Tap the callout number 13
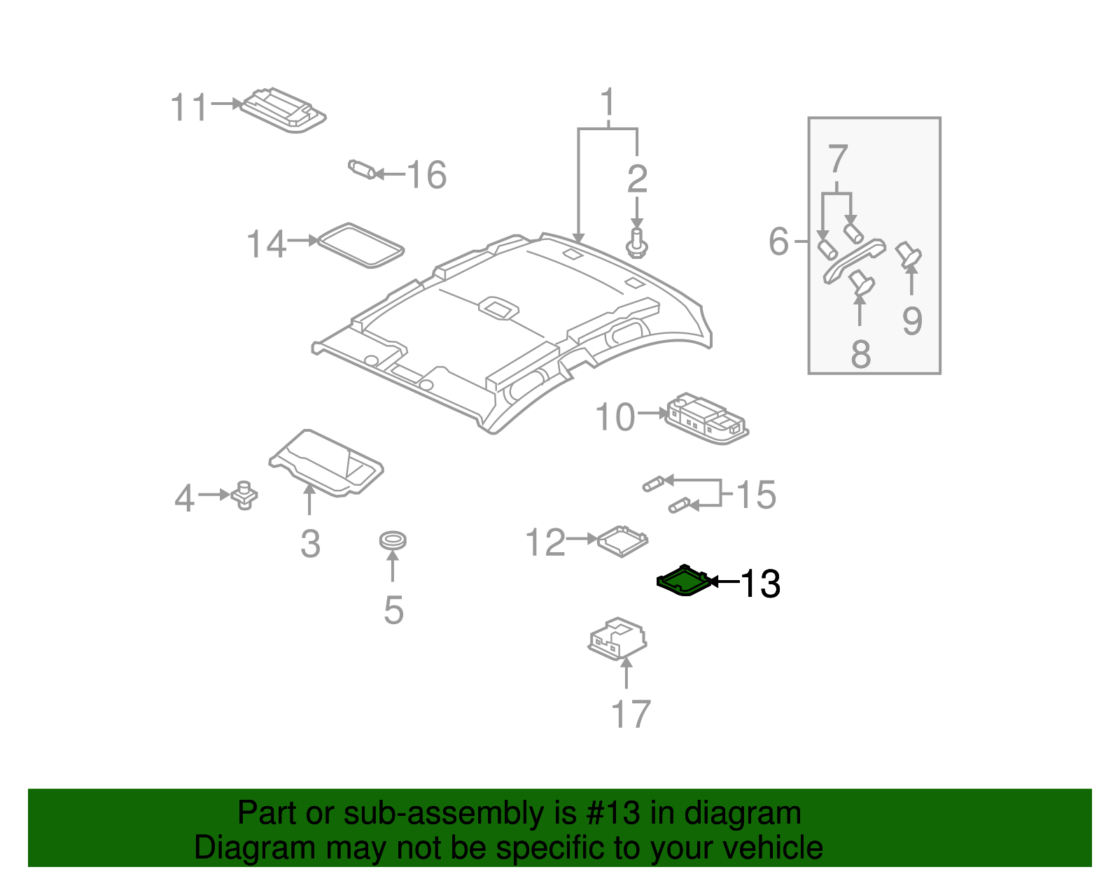[x=760, y=584]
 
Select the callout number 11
[x=190, y=108]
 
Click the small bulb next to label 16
[x=362, y=169]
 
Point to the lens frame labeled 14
[x=360, y=245]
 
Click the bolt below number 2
[x=636, y=243]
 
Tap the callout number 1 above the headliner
[x=608, y=103]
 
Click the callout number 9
[x=911, y=320]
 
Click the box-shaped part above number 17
[x=617, y=637]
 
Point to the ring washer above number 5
[x=393, y=540]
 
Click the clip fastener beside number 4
[x=244, y=495]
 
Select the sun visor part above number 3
[x=326, y=462]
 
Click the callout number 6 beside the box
[x=778, y=241]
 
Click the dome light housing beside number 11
[x=283, y=110]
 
